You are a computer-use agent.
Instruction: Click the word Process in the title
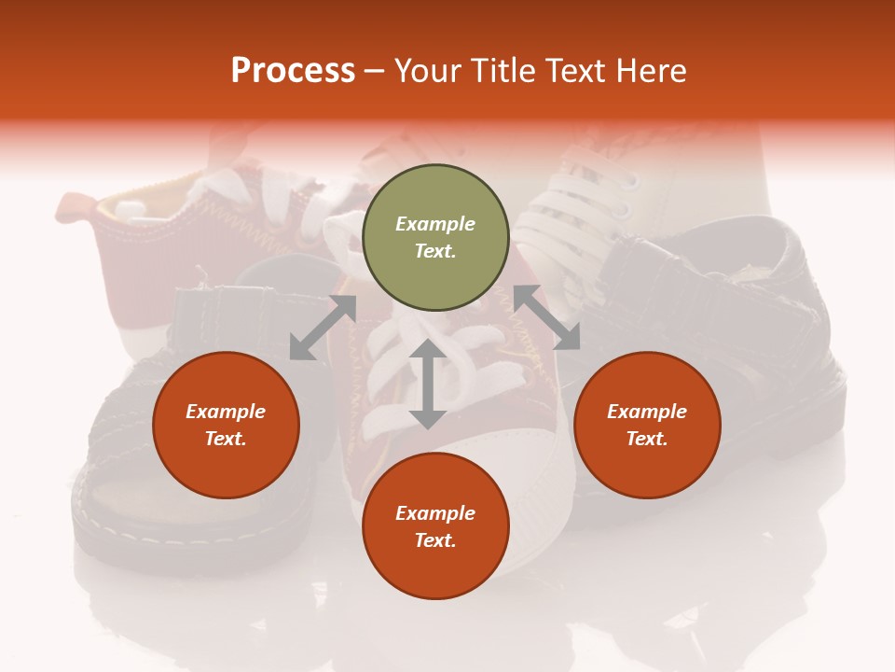(x=293, y=71)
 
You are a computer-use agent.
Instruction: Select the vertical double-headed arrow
(x=428, y=384)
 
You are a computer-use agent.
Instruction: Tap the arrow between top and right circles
(x=546, y=317)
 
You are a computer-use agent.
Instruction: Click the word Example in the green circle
(x=435, y=224)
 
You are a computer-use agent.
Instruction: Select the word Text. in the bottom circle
(x=435, y=540)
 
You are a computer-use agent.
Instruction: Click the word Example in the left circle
(x=226, y=412)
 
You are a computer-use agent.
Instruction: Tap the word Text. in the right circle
(x=647, y=439)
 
